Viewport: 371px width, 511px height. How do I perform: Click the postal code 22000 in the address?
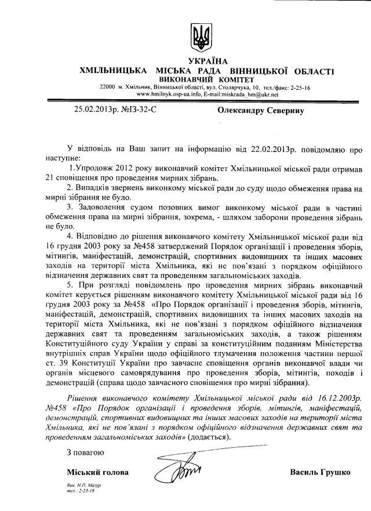click(108, 86)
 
